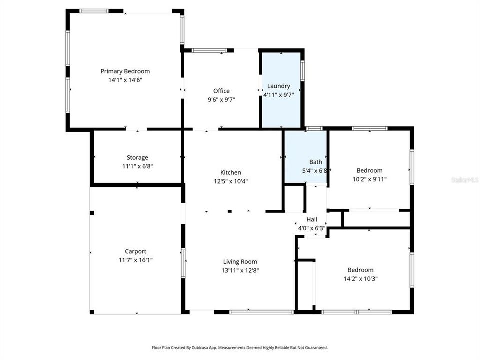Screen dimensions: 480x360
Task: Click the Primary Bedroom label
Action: [x=125, y=71]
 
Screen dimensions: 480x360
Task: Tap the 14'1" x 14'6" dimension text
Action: [x=125, y=80]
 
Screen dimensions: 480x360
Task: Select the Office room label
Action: [x=221, y=91]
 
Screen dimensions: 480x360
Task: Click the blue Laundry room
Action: [x=281, y=90]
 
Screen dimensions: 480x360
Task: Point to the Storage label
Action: [x=138, y=158]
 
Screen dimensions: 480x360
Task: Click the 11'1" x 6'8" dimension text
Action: [x=138, y=166]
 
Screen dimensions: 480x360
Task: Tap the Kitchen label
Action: [x=231, y=172]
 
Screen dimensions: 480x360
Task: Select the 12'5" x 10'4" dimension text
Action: [x=231, y=181]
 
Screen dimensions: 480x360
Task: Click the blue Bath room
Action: [x=306, y=157]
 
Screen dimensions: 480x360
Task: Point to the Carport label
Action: [x=135, y=251]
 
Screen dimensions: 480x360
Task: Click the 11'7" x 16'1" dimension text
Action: [x=135, y=260]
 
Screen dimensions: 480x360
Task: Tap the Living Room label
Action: [x=240, y=262]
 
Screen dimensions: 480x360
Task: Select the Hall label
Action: [x=312, y=219]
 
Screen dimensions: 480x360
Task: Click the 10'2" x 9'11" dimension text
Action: [x=370, y=179]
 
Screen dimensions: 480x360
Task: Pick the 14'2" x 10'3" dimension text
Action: [x=361, y=279]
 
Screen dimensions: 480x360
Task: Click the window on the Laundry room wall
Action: [x=302, y=71]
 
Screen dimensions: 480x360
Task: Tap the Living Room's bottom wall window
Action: [x=261, y=312]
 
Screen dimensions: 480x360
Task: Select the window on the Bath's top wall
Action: [x=314, y=128]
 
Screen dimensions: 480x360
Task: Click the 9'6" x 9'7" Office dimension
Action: [x=221, y=100]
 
